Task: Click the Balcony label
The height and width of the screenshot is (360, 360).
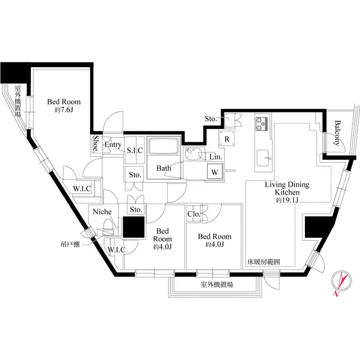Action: coord(339,134)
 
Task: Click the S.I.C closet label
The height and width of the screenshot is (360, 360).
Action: coord(135,150)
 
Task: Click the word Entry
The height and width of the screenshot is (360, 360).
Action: coord(113,145)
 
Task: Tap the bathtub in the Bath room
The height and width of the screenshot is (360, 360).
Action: coord(163,148)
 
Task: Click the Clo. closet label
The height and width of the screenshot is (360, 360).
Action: coord(195,214)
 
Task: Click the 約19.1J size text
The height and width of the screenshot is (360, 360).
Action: coord(287,200)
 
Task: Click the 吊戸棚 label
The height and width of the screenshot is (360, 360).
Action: coord(71,245)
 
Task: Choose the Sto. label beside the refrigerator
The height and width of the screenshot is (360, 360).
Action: coord(210,119)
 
